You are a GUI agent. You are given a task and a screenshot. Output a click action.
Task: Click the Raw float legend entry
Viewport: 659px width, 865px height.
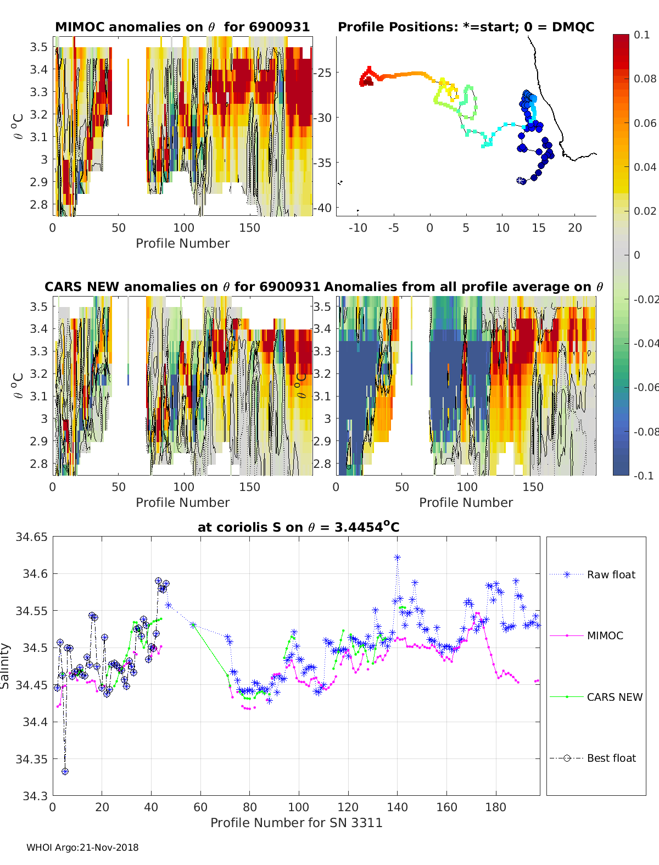(611, 574)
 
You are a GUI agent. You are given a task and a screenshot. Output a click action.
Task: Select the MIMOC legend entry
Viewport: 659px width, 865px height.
(605, 635)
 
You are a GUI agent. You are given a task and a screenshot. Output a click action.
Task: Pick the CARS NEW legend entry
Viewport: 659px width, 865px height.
(614, 697)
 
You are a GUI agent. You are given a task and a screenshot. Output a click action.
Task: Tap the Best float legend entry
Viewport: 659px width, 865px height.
(611, 758)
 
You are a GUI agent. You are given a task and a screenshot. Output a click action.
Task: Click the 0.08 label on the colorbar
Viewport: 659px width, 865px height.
(645, 79)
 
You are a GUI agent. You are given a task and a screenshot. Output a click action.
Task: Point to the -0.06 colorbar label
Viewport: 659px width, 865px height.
(646, 387)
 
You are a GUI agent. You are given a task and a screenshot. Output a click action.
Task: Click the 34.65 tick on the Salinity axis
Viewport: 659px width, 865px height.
(32, 537)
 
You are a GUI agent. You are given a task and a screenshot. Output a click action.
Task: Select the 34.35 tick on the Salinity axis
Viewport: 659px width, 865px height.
(32, 759)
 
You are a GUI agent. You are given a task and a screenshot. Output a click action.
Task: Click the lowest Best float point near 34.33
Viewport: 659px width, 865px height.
(65, 771)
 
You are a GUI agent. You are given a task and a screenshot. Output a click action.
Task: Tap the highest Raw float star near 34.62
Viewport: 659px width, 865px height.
(397, 557)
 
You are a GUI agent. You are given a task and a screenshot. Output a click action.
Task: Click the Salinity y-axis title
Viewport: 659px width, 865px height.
(5, 666)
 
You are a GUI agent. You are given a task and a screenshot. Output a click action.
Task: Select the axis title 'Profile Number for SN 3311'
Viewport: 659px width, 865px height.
(296, 822)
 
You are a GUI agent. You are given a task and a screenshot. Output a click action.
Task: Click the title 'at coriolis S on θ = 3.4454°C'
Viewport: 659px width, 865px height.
(298, 527)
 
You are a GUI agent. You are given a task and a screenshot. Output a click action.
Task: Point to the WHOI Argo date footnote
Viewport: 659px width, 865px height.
(82, 847)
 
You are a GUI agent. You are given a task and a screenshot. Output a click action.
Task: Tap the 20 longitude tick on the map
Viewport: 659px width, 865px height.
(574, 228)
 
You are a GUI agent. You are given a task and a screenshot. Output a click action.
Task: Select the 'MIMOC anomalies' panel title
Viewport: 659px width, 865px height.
(182, 27)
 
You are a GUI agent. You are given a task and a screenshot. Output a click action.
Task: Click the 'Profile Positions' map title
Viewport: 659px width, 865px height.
(466, 27)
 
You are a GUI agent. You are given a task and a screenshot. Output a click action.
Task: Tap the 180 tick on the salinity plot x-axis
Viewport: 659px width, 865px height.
(496, 807)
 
